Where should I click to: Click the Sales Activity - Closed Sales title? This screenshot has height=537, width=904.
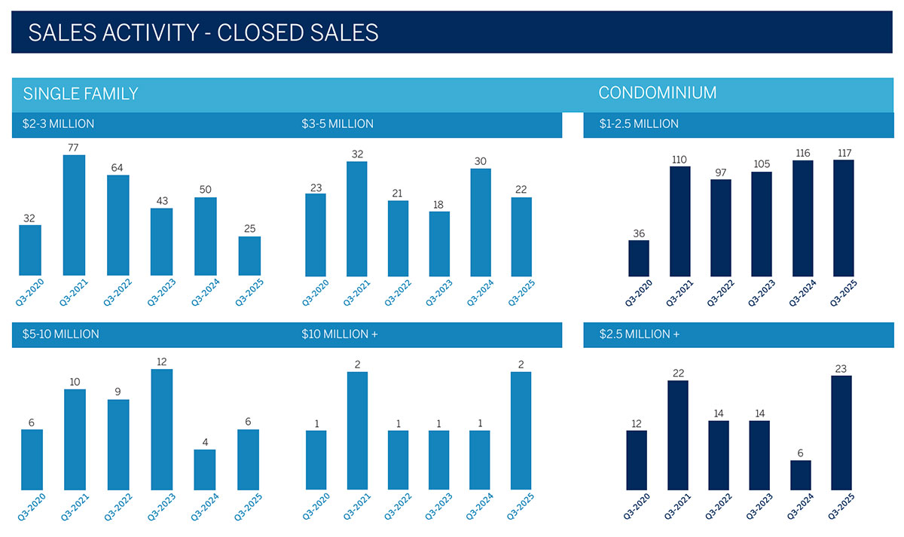tap(203, 32)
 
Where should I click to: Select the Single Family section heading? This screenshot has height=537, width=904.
tap(81, 94)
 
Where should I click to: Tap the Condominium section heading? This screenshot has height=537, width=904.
tap(657, 93)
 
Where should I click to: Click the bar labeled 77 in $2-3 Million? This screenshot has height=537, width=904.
tap(74, 215)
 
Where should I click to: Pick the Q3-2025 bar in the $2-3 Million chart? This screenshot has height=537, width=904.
tap(249, 256)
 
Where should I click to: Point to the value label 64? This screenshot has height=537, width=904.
tap(118, 167)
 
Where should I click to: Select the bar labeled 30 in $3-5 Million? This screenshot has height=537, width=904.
tap(481, 222)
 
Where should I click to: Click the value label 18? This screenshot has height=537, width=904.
tap(439, 204)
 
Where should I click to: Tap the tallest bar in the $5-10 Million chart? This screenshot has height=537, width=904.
tap(161, 429)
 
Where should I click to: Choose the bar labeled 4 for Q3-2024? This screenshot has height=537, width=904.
tap(204, 470)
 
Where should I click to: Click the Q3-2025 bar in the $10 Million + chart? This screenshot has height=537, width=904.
tap(521, 431)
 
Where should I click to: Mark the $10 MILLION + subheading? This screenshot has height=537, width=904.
tap(339, 334)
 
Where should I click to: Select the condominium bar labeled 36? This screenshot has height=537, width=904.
tap(639, 258)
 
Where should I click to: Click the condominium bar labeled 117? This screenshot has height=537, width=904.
tap(844, 218)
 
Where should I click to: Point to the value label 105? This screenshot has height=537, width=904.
tap(762, 164)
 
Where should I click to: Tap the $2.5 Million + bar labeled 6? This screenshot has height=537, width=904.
tap(801, 474)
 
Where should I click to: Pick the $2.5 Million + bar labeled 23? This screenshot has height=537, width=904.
tap(841, 432)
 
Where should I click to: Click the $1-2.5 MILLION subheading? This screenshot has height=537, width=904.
tap(639, 124)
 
